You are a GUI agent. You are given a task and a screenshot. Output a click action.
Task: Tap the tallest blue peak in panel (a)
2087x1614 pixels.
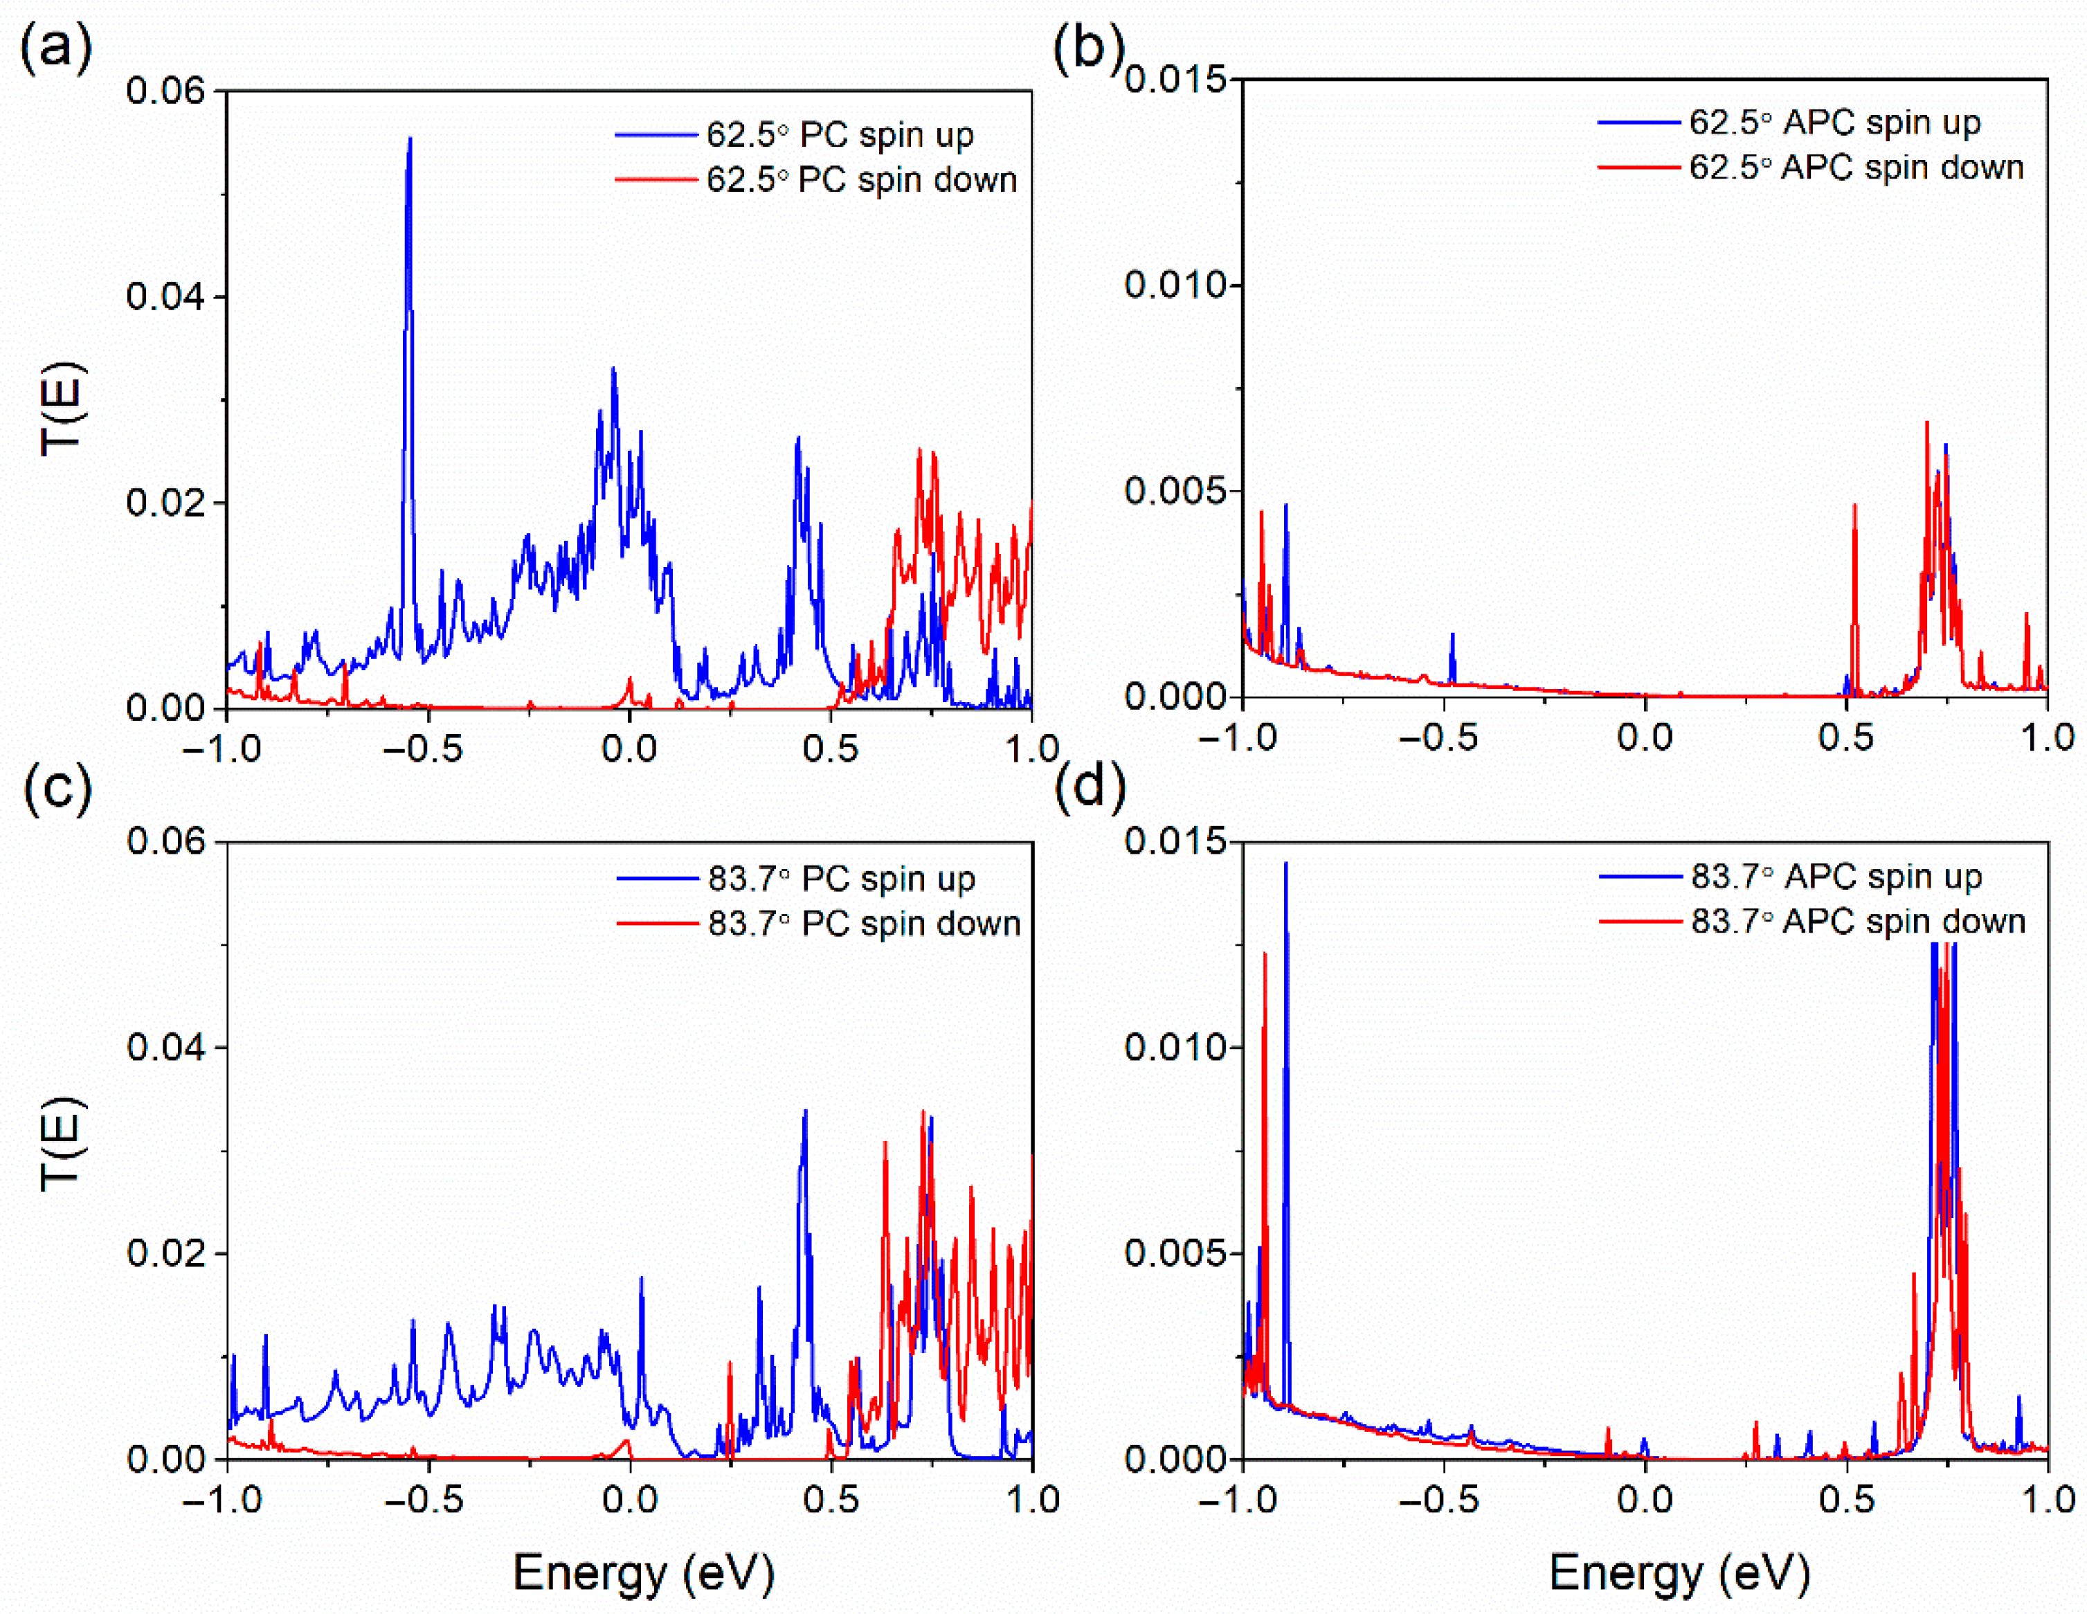tap(410, 143)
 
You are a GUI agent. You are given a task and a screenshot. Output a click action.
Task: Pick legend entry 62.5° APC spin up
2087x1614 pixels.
tap(1833, 123)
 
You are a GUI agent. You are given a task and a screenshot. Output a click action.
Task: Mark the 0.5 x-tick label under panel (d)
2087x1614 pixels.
tap(1845, 1499)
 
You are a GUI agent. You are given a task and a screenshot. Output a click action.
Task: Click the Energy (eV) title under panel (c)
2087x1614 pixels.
tap(643, 1572)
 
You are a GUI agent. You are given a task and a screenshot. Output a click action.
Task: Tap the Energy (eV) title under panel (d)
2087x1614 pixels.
tap(1679, 1572)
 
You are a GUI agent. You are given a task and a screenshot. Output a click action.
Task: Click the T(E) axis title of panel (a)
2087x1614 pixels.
tap(62, 409)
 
